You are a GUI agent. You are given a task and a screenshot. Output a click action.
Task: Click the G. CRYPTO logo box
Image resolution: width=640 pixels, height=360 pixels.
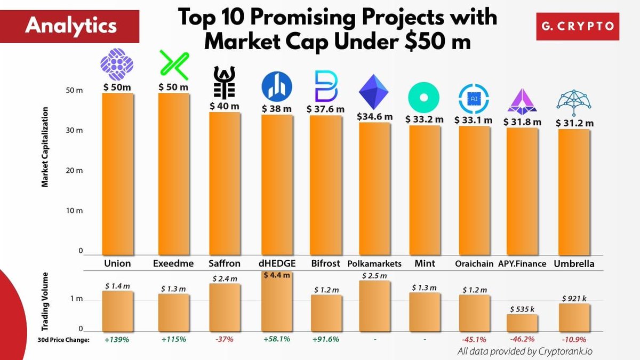pos(578,26)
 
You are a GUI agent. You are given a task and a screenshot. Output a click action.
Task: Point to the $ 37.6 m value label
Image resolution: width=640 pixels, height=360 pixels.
pos(325,108)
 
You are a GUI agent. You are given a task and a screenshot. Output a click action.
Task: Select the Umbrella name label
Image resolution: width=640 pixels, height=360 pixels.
pos(574,263)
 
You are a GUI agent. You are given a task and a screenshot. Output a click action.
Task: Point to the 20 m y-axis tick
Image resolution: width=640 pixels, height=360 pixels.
pos(75,171)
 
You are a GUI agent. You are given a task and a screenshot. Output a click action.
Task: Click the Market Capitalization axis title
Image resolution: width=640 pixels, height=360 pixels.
pos(45,147)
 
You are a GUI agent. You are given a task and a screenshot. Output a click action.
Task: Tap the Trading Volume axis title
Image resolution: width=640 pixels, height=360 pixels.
pos(45,304)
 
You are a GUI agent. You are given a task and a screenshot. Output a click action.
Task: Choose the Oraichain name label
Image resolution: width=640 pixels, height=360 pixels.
pos(474,263)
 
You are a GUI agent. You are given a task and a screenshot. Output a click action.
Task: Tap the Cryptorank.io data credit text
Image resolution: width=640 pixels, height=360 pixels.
pos(525,351)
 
